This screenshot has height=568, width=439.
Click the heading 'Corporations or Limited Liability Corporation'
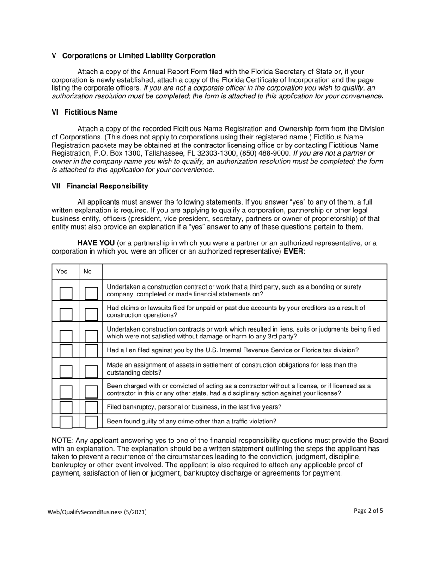(x=139, y=56)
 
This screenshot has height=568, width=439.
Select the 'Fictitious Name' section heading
(x=91, y=112)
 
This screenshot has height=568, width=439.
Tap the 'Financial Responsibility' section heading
(x=107, y=186)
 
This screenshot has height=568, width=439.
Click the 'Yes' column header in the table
(x=61, y=272)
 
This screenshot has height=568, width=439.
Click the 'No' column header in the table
(x=87, y=272)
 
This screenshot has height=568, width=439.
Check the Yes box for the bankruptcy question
(x=66, y=407)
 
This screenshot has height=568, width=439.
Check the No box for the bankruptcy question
(x=91, y=407)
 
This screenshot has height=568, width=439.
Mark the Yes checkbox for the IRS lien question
(x=66, y=350)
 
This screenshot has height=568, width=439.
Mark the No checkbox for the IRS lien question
(x=91, y=350)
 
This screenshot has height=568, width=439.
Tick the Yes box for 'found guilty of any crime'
(x=66, y=421)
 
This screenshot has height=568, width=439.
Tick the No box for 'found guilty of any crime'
(x=91, y=421)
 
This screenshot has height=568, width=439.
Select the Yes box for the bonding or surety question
(x=66, y=293)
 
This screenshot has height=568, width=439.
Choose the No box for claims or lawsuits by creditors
(x=91, y=314)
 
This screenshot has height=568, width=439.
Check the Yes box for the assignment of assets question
(x=66, y=371)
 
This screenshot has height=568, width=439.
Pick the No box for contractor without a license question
(x=91, y=392)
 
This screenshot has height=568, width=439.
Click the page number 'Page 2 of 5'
(x=368, y=511)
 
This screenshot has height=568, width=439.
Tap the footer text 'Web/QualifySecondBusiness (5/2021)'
(x=97, y=512)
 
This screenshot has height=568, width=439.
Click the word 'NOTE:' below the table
(x=61, y=440)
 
